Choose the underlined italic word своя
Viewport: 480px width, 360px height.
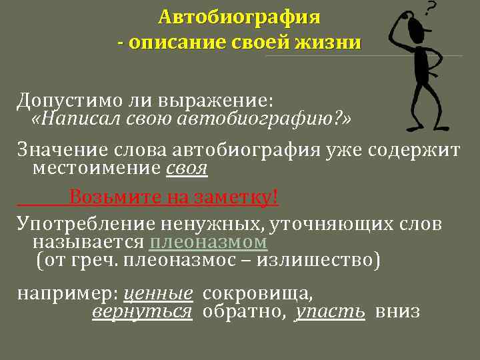point(186,169)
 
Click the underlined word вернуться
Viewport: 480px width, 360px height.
point(141,311)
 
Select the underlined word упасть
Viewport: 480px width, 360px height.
point(331,311)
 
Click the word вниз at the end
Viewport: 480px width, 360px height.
point(397,311)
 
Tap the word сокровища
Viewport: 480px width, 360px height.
point(257,293)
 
